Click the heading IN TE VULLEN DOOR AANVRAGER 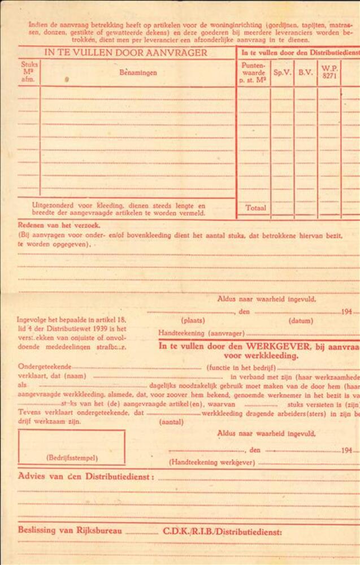click(125, 53)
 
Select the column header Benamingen click(138, 73)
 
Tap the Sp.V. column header click(282, 73)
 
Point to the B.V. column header click(306, 73)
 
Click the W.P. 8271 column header click(329, 73)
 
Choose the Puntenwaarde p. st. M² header click(253, 73)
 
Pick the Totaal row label click(255, 208)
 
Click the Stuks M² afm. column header click(29, 72)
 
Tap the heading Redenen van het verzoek click(51, 224)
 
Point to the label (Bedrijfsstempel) click(72, 458)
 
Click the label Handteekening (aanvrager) click(201, 333)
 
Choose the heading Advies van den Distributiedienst click(86, 476)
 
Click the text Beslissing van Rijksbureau click(70, 531)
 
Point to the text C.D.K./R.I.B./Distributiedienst click(222, 532)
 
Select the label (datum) click(301, 321)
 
